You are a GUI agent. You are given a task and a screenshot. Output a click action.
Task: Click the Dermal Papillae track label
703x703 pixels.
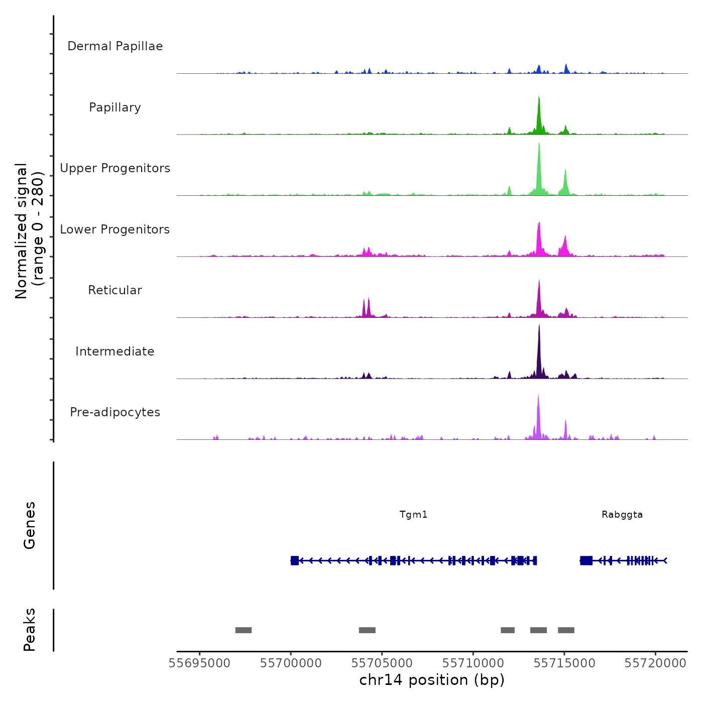(115, 46)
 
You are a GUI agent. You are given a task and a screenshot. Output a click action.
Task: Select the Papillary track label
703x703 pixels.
(115, 107)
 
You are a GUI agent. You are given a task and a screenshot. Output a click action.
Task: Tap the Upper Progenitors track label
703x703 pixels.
(115, 168)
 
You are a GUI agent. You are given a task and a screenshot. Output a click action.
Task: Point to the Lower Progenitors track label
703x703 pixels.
(115, 229)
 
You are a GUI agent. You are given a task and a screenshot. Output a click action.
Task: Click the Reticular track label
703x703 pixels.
(115, 290)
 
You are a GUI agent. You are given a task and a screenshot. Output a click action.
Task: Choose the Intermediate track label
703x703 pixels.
(115, 351)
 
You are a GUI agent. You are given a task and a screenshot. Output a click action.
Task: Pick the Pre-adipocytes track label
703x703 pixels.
(115, 412)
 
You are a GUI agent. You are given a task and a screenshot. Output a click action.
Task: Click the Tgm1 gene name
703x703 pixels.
(413, 514)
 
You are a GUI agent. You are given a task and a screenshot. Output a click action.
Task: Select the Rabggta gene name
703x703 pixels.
(622, 514)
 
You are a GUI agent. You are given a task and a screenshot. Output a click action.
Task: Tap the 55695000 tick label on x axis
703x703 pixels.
(200, 663)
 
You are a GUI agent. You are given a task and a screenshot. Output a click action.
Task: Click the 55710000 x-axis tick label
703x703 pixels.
(473, 663)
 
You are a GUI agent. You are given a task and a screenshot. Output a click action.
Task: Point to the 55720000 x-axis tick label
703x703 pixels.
(655, 663)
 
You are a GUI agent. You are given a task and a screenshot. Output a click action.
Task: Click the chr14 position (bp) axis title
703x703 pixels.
(432, 680)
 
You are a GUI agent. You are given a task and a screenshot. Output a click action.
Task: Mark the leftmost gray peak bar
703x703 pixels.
(244, 630)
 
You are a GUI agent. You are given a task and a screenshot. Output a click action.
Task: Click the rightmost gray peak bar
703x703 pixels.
(566, 630)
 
